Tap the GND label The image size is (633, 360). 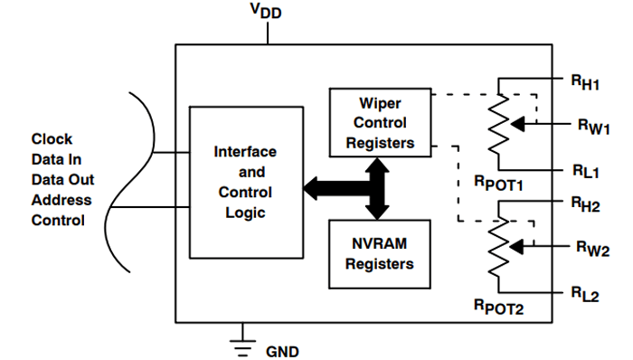pos(281,349)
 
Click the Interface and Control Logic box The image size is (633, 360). pos(243,181)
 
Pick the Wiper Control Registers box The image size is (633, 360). pos(380,122)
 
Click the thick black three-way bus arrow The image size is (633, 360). pos(362,188)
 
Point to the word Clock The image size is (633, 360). pos(52,139)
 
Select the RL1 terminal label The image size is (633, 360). pos(584,169)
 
